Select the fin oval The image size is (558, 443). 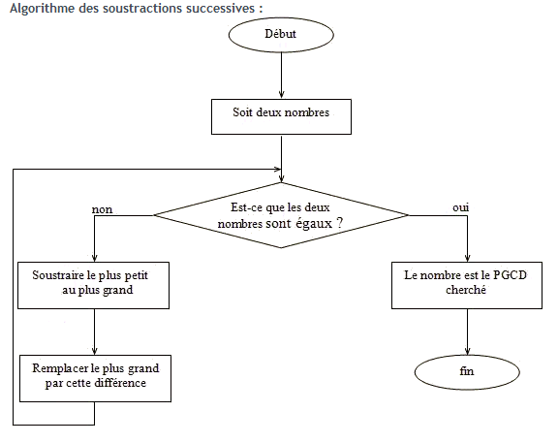468,371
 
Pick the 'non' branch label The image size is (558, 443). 101,208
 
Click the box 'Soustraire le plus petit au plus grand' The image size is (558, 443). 94,283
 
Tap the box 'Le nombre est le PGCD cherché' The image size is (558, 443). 468,283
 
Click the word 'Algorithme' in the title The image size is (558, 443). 35,9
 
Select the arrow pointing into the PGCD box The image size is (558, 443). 468,242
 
